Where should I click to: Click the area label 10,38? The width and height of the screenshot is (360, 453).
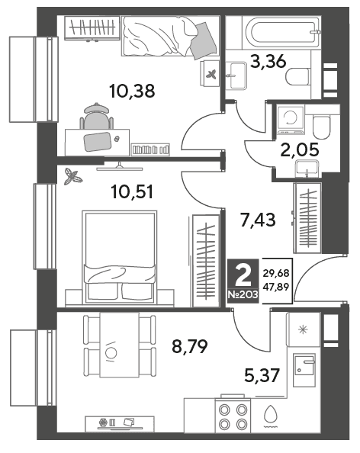(x=132, y=91)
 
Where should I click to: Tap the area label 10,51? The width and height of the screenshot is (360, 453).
(x=132, y=192)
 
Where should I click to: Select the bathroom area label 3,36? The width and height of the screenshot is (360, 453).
(x=268, y=62)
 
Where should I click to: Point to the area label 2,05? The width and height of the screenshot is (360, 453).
(x=300, y=149)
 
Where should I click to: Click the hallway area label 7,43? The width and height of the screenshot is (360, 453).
(x=258, y=220)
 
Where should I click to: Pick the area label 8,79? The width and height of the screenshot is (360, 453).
(x=190, y=346)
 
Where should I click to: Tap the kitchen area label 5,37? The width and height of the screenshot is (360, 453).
(x=262, y=375)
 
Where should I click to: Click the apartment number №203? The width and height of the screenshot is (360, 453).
(x=243, y=295)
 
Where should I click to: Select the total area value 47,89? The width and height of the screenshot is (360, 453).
(x=276, y=287)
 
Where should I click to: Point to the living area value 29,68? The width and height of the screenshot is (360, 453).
(x=276, y=273)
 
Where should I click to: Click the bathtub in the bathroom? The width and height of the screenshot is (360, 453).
(x=281, y=32)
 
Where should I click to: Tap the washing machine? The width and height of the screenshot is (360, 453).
(x=291, y=120)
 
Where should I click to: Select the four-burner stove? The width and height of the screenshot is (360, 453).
(x=233, y=416)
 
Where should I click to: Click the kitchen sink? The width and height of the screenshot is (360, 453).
(x=304, y=370)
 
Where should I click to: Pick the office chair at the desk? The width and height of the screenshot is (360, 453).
(x=97, y=116)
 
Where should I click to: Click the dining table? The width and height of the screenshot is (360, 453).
(x=119, y=345)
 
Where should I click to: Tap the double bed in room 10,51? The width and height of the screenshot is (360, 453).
(x=120, y=257)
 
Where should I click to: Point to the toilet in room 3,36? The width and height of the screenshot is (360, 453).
(x=298, y=76)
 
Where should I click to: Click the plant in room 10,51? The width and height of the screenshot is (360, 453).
(x=72, y=176)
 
